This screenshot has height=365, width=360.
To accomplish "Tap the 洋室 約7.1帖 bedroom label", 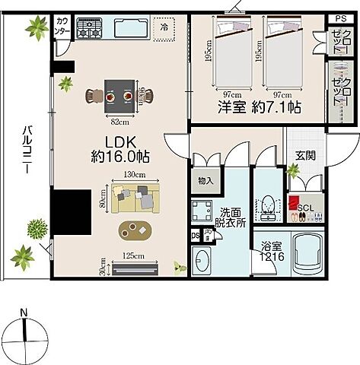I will [x=257, y=108].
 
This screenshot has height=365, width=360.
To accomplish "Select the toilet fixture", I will [x=268, y=206].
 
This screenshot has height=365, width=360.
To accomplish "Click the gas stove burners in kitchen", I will [x=88, y=30].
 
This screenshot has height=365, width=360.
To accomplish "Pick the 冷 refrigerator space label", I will [x=164, y=27].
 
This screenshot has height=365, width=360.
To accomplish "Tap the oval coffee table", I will [x=134, y=230].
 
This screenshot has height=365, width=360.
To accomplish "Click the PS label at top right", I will [x=339, y=18].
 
